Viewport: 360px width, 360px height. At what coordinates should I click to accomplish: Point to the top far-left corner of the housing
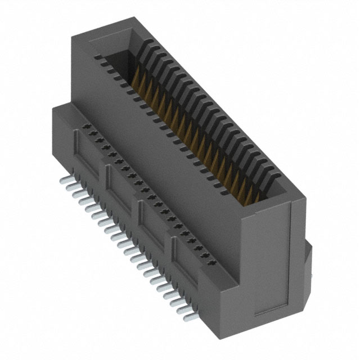click(x=72, y=35)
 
